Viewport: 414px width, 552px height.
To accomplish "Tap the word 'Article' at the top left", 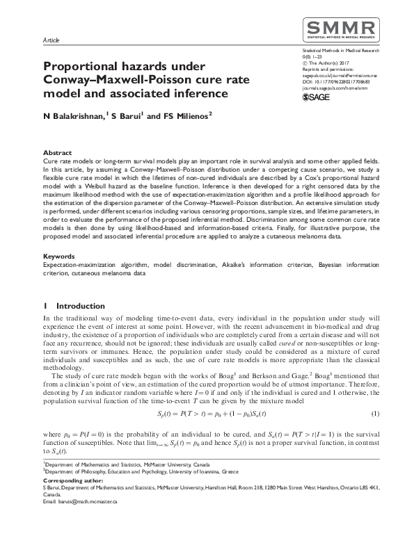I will (x=51, y=41).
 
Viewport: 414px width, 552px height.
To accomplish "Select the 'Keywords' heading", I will (x=59, y=257).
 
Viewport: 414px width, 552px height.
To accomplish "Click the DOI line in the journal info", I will (x=334, y=83).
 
